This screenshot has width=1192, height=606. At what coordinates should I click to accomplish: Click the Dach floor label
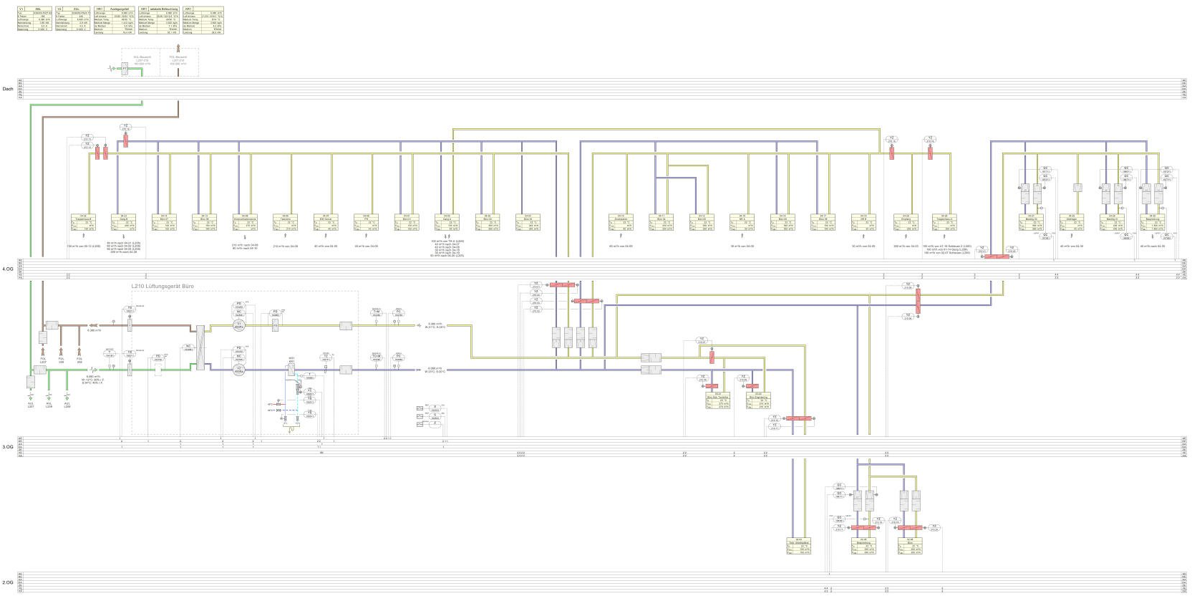tap(8, 89)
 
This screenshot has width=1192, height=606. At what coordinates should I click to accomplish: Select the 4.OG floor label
tap(8, 269)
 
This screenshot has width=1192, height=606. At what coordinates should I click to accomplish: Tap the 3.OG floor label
tap(8, 447)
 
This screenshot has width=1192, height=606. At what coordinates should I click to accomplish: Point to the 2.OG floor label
tap(8, 582)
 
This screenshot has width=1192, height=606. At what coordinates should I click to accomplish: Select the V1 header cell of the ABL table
tap(21, 9)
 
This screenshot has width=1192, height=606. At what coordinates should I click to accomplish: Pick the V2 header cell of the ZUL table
tap(58, 9)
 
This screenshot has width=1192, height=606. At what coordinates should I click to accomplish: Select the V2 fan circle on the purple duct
tap(239, 370)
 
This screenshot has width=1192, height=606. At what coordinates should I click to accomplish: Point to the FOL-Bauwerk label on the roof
tap(178, 59)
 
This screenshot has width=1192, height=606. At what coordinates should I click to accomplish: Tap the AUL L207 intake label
tap(31, 405)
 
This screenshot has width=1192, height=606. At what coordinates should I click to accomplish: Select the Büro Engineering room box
tap(758, 401)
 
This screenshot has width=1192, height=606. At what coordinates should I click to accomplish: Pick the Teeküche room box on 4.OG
tap(286, 222)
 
